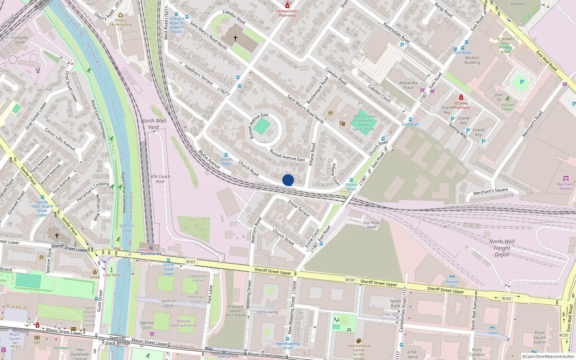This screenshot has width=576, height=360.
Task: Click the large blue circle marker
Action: click(288, 180)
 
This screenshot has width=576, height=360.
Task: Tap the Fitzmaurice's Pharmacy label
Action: click(287, 13)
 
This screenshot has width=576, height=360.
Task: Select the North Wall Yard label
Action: click(153, 124)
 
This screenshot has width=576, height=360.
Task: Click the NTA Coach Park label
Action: click(160, 179)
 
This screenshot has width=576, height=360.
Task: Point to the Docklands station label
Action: click(151, 253)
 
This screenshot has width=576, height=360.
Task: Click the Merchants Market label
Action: click(565, 186)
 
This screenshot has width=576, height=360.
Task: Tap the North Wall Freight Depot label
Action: click(502, 248)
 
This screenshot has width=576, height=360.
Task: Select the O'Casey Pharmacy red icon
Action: click(461, 98)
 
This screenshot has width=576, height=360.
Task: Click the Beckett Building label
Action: click(472, 60)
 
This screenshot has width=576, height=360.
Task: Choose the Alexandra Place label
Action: click(408, 85)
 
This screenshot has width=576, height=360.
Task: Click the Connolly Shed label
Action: click(20, 40)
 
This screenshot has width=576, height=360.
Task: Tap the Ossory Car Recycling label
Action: click(120, 24)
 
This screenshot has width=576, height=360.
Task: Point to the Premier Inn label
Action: click(452, 284)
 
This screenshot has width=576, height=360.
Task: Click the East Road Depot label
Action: click(371, 225)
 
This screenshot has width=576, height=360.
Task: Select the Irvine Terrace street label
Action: click(299, 208)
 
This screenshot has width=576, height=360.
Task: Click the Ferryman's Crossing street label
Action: click(93, 192)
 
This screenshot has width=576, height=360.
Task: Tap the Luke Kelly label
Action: click(112, 275)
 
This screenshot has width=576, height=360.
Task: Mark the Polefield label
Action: click(518, 4)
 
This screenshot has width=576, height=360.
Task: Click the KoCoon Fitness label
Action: click(507, 107)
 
